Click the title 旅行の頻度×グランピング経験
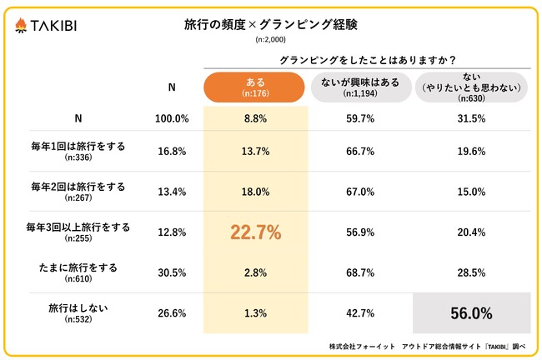pyautogui.click(x=270, y=24)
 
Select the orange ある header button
pyautogui.click(x=256, y=87)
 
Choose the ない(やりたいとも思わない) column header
pyautogui.click(x=472, y=87)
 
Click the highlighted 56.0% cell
pyautogui.click(x=472, y=314)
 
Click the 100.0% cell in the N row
pyautogui.click(x=173, y=118)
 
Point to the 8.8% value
pyautogui.click(x=256, y=118)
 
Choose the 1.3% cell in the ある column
pyautogui.click(x=256, y=314)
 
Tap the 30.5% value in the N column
pyautogui.click(x=173, y=273)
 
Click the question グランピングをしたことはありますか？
pyautogui.click(x=366, y=59)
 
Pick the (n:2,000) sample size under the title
pyautogui.click(x=270, y=39)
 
